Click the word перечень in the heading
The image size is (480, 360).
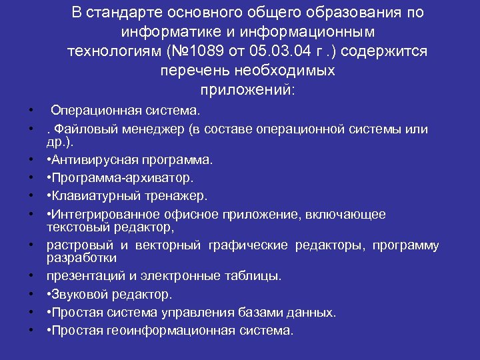tap(191, 70)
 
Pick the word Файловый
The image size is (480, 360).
tap(86, 129)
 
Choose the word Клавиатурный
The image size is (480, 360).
tap(92, 196)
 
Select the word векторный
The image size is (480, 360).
tap(173, 245)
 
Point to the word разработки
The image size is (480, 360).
tap(81, 257)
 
